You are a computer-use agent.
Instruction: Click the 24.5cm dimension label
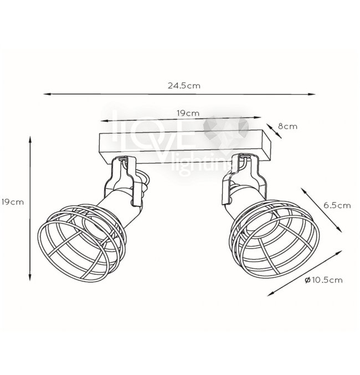click(184, 86)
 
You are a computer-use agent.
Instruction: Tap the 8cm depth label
click(287, 126)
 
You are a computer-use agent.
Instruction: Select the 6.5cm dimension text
click(337, 205)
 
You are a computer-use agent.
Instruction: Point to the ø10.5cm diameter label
click(323, 280)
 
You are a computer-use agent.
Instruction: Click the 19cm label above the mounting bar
click(188, 113)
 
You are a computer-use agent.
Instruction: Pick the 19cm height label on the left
click(12, 202)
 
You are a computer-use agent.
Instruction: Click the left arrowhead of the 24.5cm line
click(47, 94)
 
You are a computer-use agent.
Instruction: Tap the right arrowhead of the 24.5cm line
click(312, 94)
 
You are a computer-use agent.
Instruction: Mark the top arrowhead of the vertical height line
click(30, 140)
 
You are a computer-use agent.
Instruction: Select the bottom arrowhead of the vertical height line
click(30, 277)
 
